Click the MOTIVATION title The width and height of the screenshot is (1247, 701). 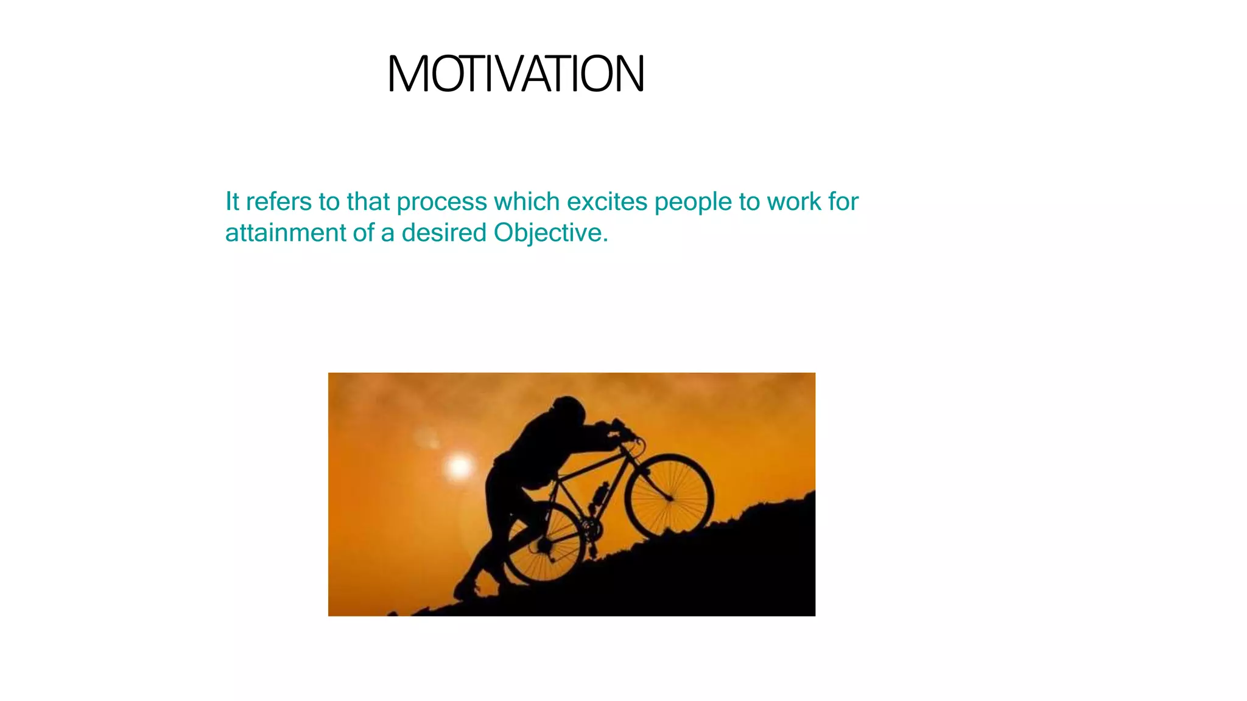516,74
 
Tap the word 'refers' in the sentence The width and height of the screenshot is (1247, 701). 278,201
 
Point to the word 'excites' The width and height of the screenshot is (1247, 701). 606,201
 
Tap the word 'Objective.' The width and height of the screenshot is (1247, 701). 550,234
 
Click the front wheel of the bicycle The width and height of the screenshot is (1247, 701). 669,496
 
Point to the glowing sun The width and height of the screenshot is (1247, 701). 459,467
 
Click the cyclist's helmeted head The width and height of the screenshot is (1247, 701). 569,411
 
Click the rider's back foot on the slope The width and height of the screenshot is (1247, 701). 466,589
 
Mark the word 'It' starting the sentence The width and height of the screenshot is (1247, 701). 232,201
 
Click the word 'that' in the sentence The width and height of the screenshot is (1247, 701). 368,201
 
